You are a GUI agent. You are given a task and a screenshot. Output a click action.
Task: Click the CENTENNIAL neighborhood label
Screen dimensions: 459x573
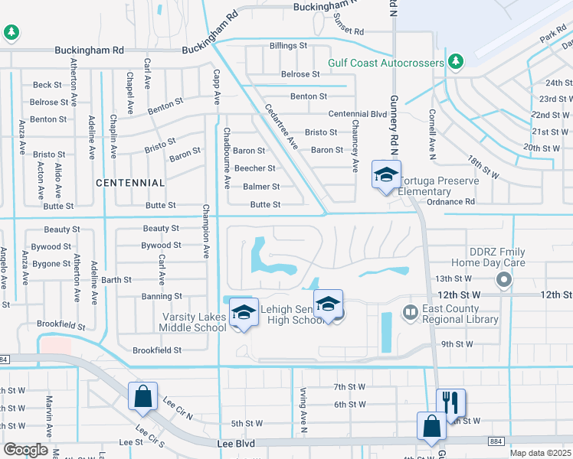pos(130,183)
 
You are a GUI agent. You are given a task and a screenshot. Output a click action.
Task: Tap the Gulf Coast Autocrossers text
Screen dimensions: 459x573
pos(386,62)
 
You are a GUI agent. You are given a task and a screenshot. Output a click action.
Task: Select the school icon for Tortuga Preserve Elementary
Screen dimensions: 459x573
pos(386,174)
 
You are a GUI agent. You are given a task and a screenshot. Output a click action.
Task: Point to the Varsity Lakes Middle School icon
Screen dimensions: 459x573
pos(244,312)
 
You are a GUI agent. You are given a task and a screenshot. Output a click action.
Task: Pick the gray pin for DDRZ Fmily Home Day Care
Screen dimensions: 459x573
pos(503,281)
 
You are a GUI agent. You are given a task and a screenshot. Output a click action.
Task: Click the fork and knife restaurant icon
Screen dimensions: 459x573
pos(450,401)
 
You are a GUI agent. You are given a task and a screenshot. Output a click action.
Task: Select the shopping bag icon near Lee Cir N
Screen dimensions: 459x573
pos(142,396)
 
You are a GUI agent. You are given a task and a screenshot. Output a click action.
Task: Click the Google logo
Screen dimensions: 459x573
pos(25,450)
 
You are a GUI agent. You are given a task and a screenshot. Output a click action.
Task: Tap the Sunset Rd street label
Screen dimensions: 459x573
pos(349,31)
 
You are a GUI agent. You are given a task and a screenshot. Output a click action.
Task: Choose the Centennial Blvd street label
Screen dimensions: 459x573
pos(358,114)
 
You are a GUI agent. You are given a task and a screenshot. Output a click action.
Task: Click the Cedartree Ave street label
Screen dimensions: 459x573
pos(281,125)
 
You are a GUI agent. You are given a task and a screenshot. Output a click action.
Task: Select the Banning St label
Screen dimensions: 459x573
pos(162,296)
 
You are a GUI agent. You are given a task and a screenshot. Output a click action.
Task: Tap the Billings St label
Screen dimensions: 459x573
pos(288,46)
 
